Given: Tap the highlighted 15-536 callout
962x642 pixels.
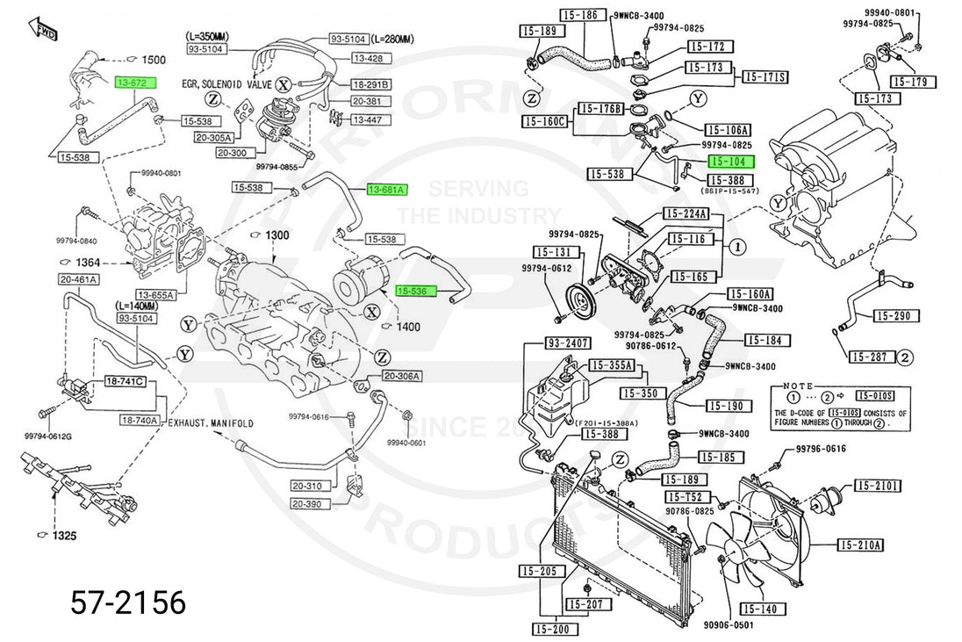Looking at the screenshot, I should pyautogui.click(x=416, y=291).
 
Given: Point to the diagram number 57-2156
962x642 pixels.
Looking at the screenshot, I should pyautogui.click(x=128, y=602).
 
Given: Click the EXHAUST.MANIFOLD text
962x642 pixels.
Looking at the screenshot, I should pyautogui.click(x=212, y=423).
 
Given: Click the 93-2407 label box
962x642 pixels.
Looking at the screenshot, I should pyautogui.click(x=568, y=343).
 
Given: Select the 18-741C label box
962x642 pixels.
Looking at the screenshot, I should pyautogui.click(x=125, y=382).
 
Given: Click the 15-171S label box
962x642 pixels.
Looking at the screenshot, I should pyautogui.click(x=765, y=77).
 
